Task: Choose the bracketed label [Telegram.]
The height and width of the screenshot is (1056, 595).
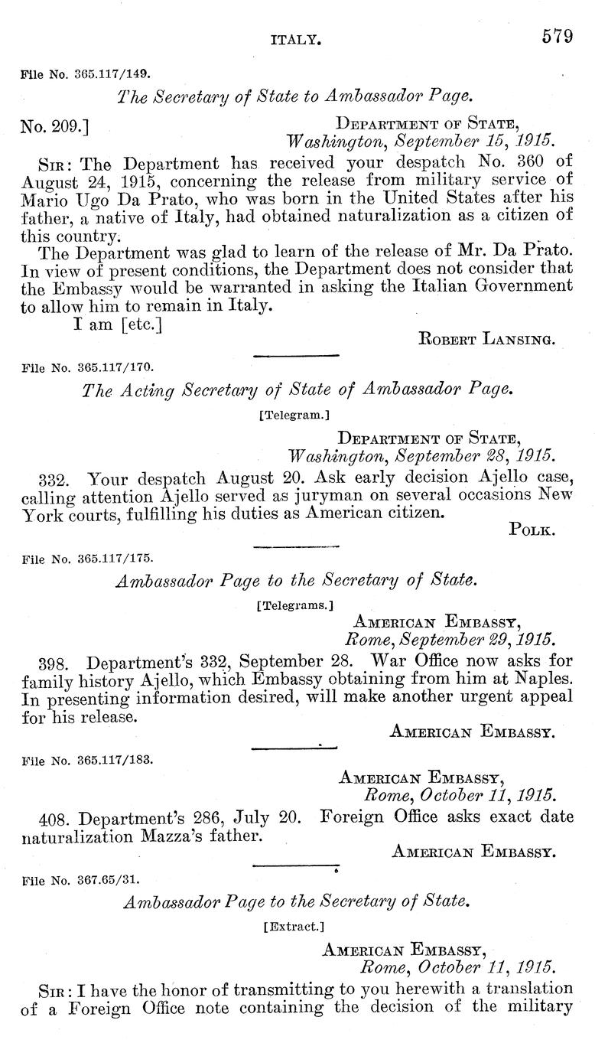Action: click(297, 416)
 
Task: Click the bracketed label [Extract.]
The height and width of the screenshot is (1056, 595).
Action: click(297, 925)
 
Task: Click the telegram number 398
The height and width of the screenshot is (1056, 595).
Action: click(51, 660)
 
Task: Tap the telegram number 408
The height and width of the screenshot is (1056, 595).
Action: click(51, 816)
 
